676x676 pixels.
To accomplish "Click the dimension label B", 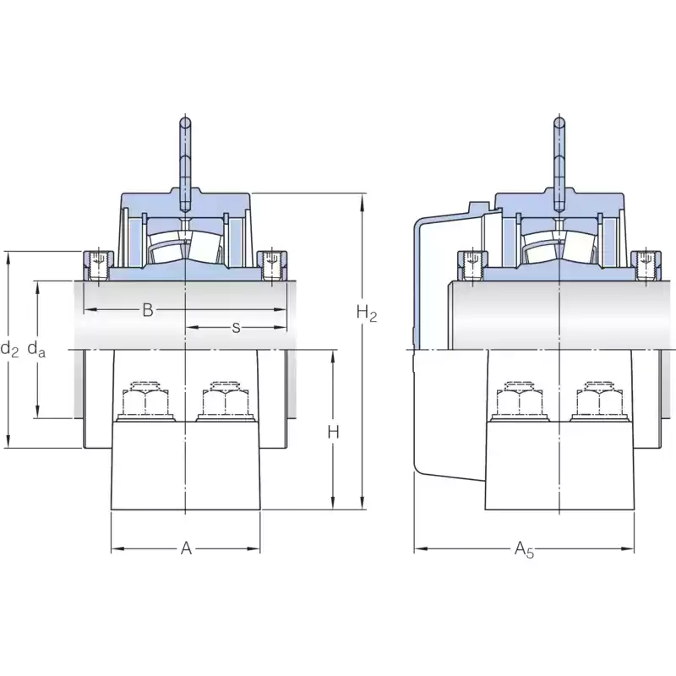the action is pos(148,310).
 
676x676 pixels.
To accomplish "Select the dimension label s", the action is pos(236,328).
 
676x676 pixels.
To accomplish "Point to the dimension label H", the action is pos(333,432).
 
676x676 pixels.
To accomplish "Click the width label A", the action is pos(186,548).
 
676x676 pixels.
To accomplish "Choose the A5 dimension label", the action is pos(524,550).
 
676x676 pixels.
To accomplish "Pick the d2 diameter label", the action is pos(9,348).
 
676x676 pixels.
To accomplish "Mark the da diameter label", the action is pos(36,348).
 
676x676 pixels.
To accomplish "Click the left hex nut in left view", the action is pos(145,401).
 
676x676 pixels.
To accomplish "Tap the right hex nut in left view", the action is pos(225,401).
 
